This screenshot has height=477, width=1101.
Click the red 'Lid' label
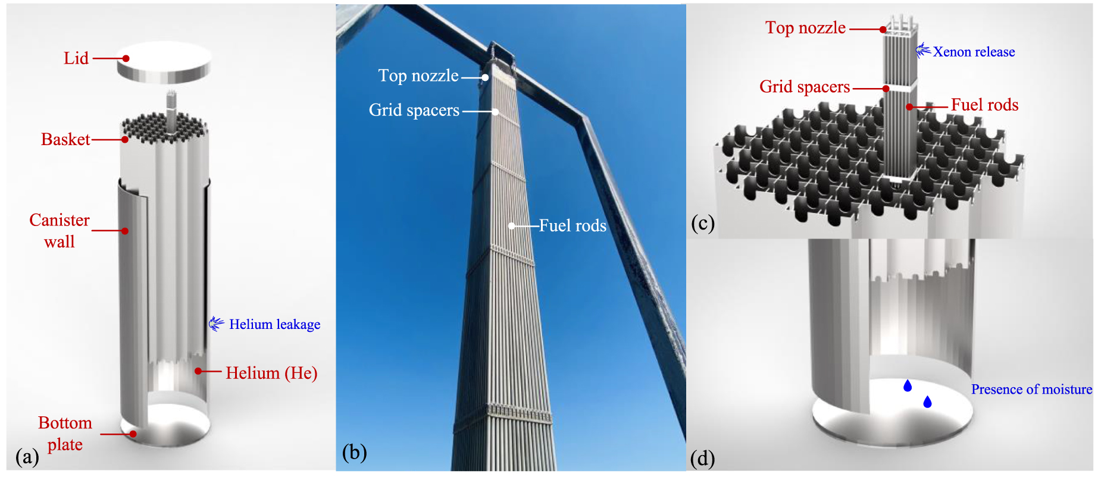76,58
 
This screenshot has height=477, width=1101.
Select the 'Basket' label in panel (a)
65,139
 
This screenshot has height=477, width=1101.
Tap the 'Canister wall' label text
60,231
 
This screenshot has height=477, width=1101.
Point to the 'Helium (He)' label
271,373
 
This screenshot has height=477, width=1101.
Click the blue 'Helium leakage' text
274,324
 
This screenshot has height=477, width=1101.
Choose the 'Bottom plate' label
65,434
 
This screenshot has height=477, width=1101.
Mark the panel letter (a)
27,457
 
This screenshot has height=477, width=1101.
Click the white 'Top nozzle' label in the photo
418,76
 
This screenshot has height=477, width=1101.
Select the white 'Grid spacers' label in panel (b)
414,110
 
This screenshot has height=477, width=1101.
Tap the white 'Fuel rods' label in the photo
573,225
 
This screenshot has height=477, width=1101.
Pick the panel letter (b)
354,453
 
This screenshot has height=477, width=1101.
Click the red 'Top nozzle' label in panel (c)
805,27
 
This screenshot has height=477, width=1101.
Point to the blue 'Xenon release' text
974,52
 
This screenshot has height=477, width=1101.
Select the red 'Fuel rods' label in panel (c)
984,105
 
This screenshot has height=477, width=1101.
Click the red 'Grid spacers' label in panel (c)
805,87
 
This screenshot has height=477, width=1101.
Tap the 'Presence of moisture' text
1031,390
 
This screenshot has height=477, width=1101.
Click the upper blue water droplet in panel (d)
908,386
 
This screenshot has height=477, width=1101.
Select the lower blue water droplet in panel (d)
927,403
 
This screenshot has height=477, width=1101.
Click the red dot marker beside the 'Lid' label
126,58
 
